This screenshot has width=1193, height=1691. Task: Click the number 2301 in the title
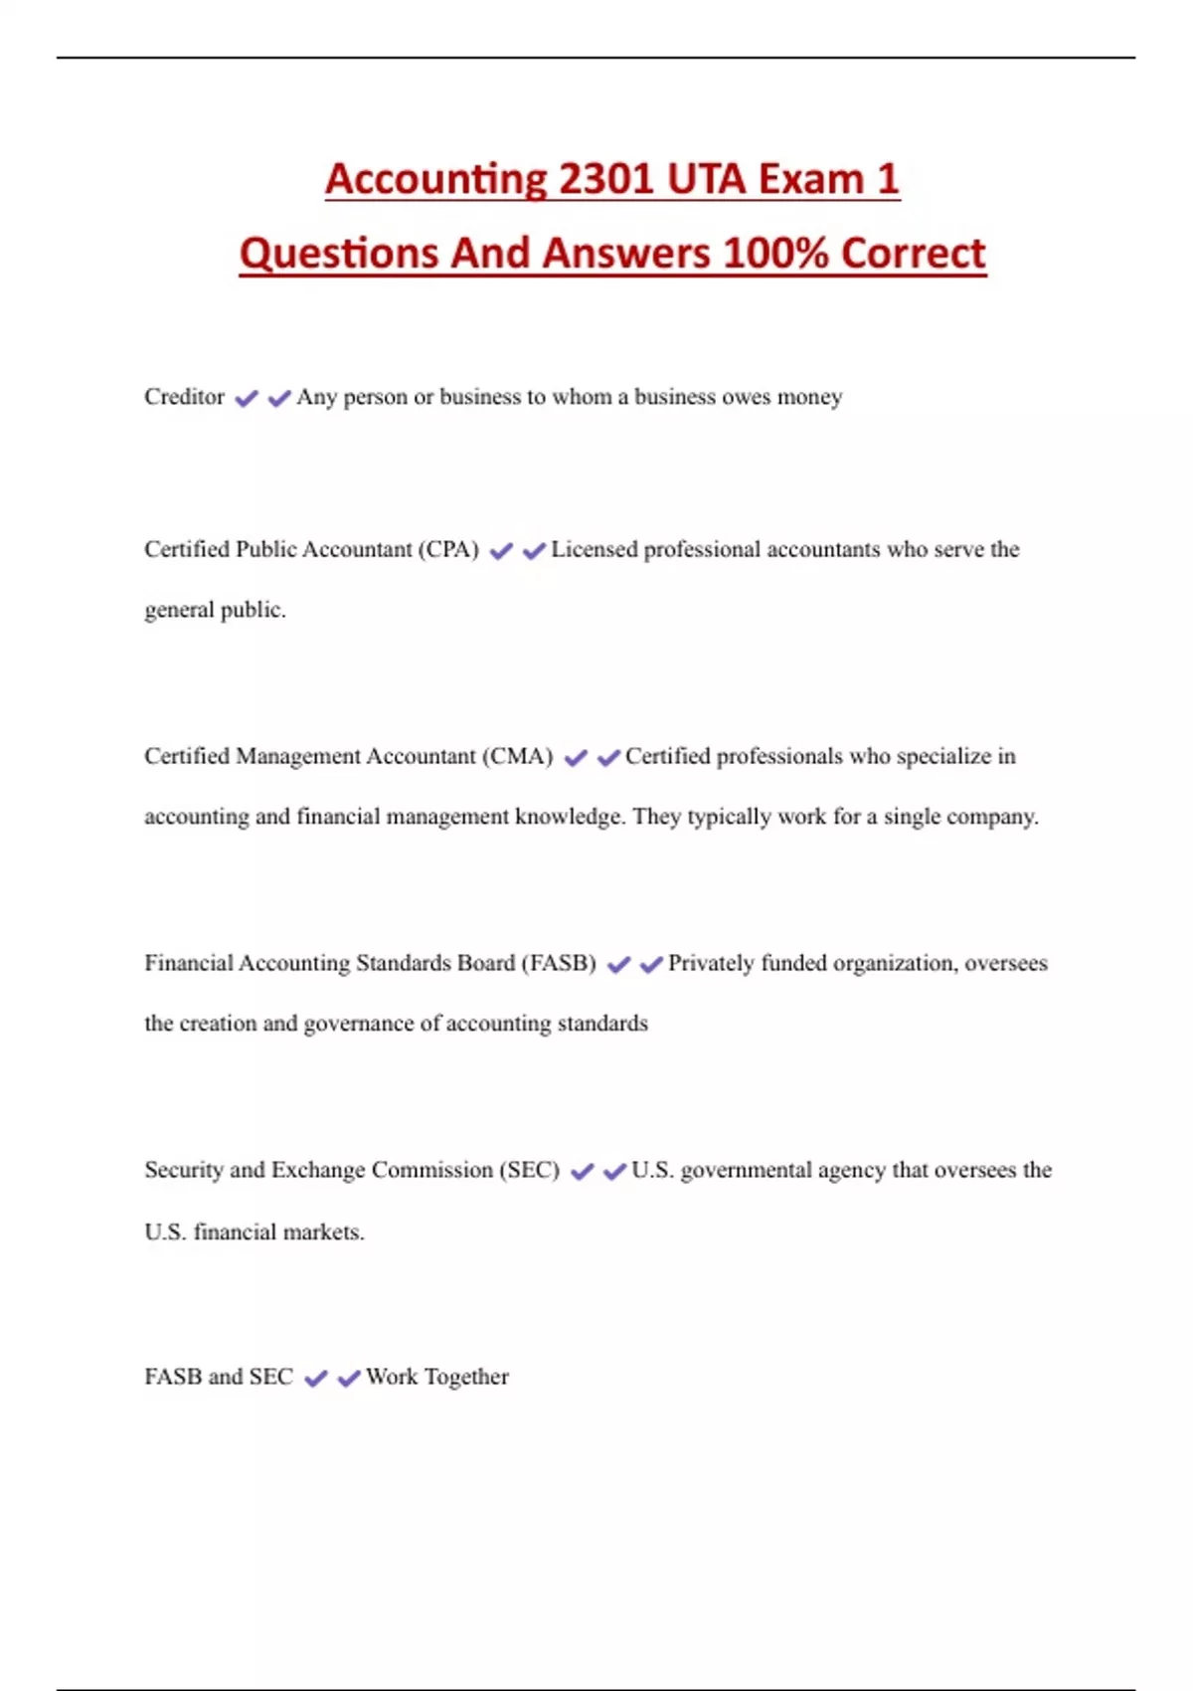[606, 179]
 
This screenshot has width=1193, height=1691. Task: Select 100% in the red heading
[775, 253]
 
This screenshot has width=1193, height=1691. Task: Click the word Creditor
[184, 397]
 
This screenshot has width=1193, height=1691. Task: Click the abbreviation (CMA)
[518, 756]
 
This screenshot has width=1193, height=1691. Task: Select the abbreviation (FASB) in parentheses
[559, 963]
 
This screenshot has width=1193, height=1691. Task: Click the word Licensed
[594, 549]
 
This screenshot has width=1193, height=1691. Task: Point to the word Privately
[710, 963]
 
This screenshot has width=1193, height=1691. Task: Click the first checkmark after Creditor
[247, 399]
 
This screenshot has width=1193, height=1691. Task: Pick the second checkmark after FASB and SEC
[349, 1379]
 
